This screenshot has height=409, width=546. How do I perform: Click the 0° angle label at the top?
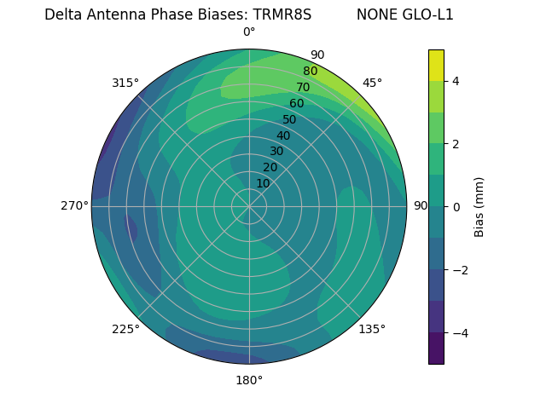tap(249, 32)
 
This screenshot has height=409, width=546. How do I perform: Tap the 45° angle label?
tap(372, 83)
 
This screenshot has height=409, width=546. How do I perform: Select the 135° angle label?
tap(372, 329)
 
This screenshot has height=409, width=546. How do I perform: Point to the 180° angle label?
tap(249, 380)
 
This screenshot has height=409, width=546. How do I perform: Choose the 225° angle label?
tap(125, 330)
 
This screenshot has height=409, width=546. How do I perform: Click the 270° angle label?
tap(74, 205)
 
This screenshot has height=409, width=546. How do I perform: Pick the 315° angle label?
tap(125, 83)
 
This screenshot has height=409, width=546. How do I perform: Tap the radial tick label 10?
tap(263, 183)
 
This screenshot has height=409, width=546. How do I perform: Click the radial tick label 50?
tap(290, 119)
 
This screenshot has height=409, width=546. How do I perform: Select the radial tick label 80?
tap(311, 72)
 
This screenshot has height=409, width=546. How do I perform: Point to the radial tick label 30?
tap(276, 152)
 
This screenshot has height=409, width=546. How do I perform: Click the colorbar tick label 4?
tap(456, 81)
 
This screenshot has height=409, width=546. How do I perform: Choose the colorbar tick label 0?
tap(456, 206)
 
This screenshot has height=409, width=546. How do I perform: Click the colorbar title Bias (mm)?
tap(479, 206)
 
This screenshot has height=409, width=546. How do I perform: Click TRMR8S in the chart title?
tap(282, 14)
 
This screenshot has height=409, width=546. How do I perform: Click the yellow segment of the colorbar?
tap(436, 65)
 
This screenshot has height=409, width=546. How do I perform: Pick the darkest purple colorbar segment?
tap(436, 348)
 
